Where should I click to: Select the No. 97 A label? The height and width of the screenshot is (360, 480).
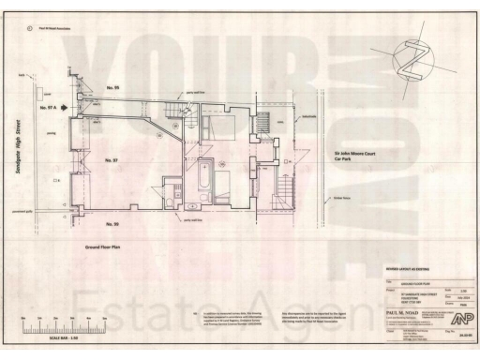[x=49, y=109]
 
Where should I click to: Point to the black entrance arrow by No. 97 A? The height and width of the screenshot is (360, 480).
[x=64, y=109]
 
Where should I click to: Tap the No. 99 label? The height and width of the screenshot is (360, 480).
[x=112, y=223]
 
